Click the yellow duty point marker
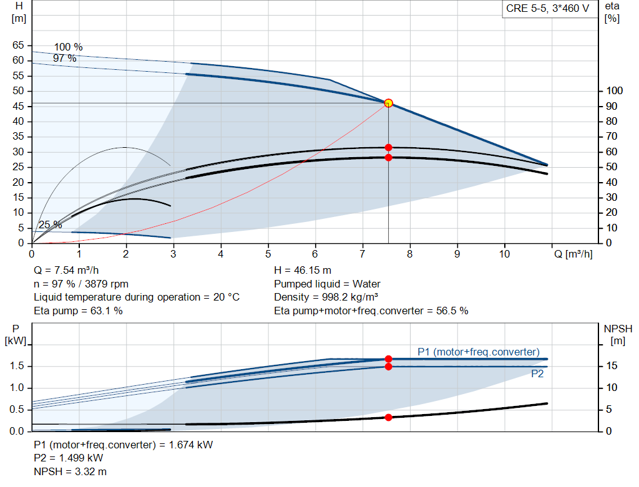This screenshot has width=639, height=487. (388, 103)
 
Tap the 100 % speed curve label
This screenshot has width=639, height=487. (68, 47)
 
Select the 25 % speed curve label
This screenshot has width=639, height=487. (50, 225)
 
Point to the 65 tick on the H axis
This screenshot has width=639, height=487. (17, 46)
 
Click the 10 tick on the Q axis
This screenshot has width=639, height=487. (504, 254)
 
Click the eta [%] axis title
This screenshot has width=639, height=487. (612, 12)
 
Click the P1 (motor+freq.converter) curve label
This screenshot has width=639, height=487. (478, 352)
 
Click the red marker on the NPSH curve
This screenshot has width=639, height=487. (388, 417)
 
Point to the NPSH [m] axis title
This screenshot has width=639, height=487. (618, 334)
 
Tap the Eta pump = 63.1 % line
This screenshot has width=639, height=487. (78, 311)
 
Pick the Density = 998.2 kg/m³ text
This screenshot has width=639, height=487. (326, 297)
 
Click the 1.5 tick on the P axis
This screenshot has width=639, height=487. (16, 366)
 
